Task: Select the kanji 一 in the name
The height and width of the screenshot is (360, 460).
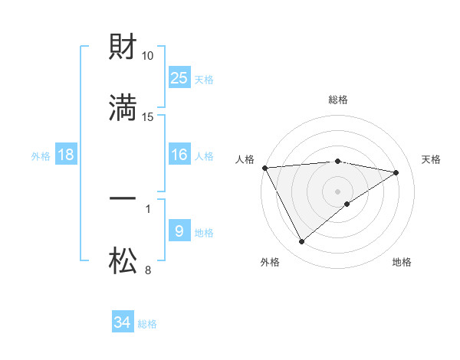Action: (123, 198)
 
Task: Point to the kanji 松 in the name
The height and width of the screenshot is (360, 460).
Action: (123, 260)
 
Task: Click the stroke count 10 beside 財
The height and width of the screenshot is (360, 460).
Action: (148, 56)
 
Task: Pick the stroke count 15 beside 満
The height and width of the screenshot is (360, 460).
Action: (148, 117)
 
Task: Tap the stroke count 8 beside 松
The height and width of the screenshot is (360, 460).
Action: (148, 270)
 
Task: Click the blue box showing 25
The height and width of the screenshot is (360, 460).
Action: (179, 77)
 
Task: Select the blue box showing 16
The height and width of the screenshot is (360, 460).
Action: (179, 155)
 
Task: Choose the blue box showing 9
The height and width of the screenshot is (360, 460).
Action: (179, 231)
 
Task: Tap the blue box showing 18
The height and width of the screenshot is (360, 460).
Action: (66, 155)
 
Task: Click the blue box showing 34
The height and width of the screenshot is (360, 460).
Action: (123, 322)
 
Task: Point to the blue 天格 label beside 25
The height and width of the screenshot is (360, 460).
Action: (204, 79)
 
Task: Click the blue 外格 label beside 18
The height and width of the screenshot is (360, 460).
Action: (41, 156)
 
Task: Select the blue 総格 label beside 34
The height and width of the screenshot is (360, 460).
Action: (147, 324)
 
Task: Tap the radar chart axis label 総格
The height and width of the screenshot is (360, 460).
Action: (338, 100)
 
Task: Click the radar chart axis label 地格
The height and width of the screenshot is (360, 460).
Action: (402, 262)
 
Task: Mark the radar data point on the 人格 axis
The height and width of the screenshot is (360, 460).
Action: (264, 168)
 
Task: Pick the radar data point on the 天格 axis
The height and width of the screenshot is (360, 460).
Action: (396, 172)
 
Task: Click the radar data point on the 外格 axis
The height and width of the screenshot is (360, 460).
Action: (301, 242)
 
